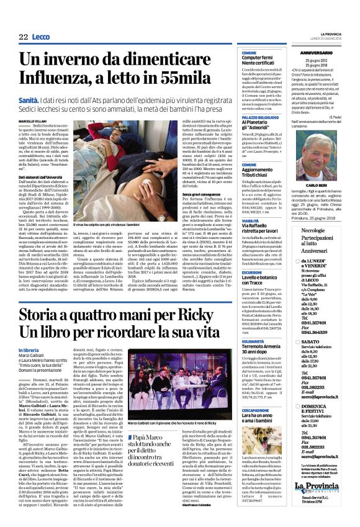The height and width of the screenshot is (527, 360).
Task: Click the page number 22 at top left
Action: click(x=24, y=37)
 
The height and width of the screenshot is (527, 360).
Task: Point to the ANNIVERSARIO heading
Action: click(x=320, y=53)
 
